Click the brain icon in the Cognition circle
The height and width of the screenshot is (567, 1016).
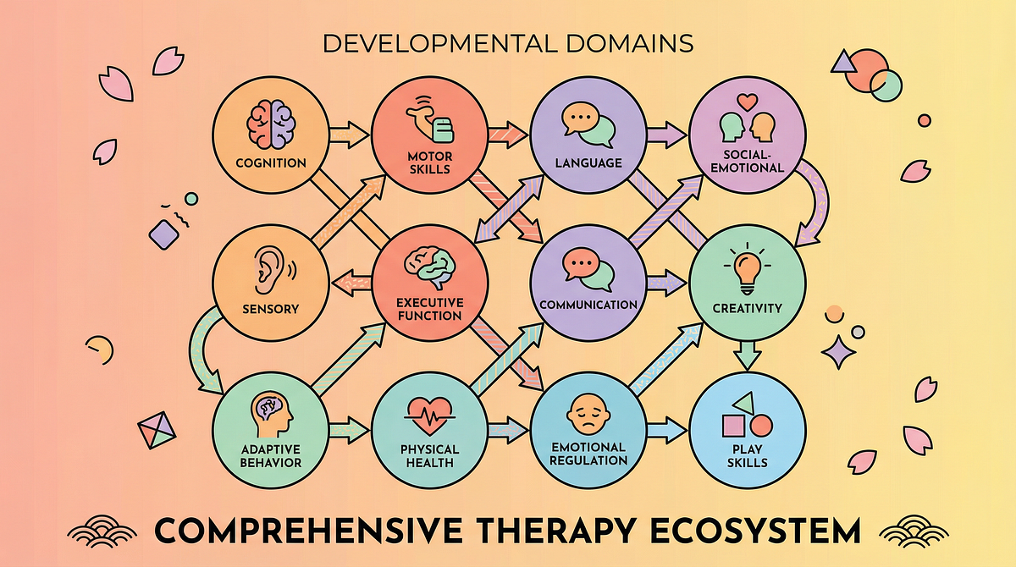point(268,124)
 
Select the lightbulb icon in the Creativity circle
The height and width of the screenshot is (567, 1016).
point(746,268)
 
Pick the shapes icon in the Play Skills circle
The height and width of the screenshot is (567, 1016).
point(746,416)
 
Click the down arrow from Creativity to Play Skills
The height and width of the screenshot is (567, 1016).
point(746,354)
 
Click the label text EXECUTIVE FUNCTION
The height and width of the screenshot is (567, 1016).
point(429,308)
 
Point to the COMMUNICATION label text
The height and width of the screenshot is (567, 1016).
point(588,305)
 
